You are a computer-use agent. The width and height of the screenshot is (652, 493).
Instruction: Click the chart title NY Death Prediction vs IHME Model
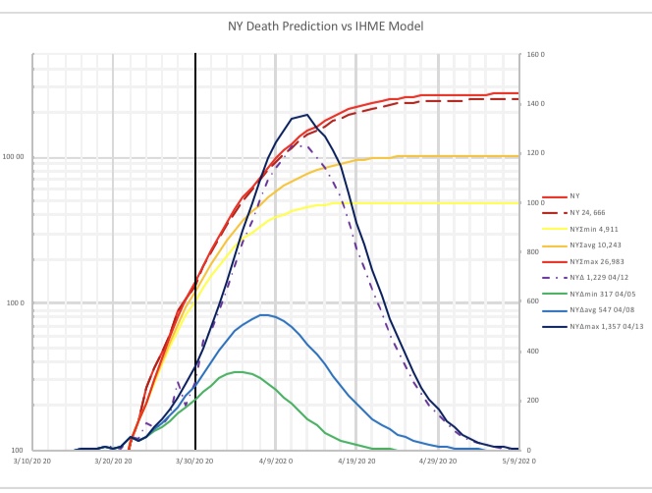[x=326, y=27]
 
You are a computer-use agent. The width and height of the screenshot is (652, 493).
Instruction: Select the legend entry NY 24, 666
[x=591, y=212]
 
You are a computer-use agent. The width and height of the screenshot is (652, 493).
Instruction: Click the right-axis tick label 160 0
[x=536, y=54]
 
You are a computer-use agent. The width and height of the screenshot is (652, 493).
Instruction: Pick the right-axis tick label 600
[x=533, y=301]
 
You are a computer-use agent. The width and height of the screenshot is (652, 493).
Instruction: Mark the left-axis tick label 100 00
[x=15, y=157]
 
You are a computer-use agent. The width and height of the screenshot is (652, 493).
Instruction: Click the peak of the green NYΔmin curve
[x=239, y=371]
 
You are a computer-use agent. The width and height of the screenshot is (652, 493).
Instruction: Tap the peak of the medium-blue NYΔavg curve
[x=263, y=314]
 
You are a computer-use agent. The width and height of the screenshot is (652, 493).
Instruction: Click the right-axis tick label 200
[x=533, y=401]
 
